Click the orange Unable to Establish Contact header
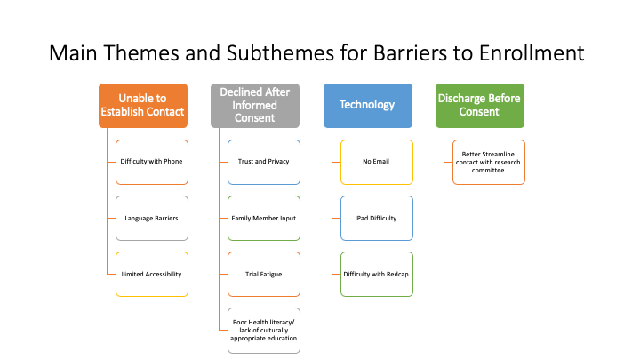pyautogui.click(x=142, y=105)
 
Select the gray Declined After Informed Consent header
pyautogui.click(x=255, y=105)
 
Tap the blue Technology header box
pyautogui.click(x=367, y=105)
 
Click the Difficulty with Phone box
pyautogui.click(x=152, y=162)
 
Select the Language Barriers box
pyautogui.click(x=152, y=218)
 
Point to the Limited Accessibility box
pyautogui.click(x=152, y=274)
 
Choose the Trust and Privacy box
pyautogui.click(x=264, y=162)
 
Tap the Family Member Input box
pyautogui.click(x=264, y=218)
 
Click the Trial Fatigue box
pyautogui.click(x=264, y=274)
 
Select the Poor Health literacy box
pyautogui.click(x=264, y=330)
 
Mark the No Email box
pyautogui.click(x=376, y=162)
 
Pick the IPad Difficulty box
pyautogui.click(x=376, y=218)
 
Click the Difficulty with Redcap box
pyautogui.click(x=376, y=274)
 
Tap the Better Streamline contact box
pyautogui.click(x=488, y=162)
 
